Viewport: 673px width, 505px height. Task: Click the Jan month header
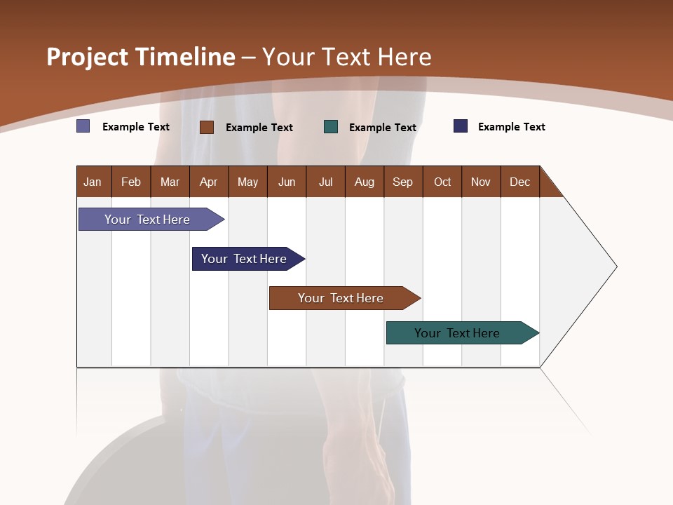pyautogui.click(x=93, y=182)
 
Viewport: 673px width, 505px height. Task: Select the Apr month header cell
pyautogui.click(x=209, y=182)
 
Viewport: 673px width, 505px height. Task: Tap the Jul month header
pyautogui.click(x=325, y=182)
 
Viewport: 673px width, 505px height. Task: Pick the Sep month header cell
pyautogui.click(x=402, y=182)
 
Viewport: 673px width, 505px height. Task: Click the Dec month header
pyautogui.click(x=519, y=182)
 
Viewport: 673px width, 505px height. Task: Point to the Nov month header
pyautogui.click(x=480, y=182)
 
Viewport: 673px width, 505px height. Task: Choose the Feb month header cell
pyautogui.click(x=131, y=182)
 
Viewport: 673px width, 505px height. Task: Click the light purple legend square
pyautogui.click(x=83, y=126)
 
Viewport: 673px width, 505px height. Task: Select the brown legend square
pyautogui.click(x=207, y=127)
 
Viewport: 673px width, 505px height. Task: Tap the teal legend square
pyautogui.click(x=331, y=126)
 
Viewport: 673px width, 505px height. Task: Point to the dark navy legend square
pyautogui.click(x=461, y=126)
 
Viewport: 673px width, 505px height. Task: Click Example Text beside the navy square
pyautogui.click(x=511, y=127)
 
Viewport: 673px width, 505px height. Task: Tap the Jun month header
pyautogui.click(x=286, y=182)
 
